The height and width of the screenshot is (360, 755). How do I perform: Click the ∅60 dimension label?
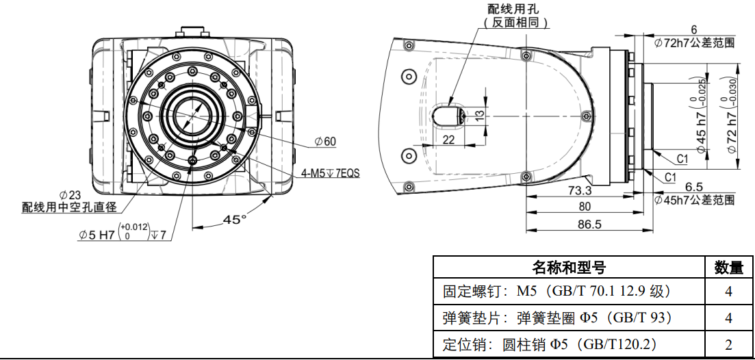pos(325,142)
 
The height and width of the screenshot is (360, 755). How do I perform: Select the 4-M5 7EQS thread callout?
pos(331,173)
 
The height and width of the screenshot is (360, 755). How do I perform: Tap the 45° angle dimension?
pos(235,220)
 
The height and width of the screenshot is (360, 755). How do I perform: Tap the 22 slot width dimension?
pos(449,139)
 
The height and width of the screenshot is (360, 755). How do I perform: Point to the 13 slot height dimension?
pos(480,114)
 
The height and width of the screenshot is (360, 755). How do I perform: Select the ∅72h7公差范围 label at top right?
pos(694,42)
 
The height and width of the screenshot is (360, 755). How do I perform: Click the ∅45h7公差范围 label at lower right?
pos(694,200)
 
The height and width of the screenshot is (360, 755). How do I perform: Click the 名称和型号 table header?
pos(569,266)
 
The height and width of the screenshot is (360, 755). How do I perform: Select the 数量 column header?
pos(729,266)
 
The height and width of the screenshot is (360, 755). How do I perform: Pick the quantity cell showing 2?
pos(729,344)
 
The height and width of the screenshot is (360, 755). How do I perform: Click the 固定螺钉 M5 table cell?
pos(556,292)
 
